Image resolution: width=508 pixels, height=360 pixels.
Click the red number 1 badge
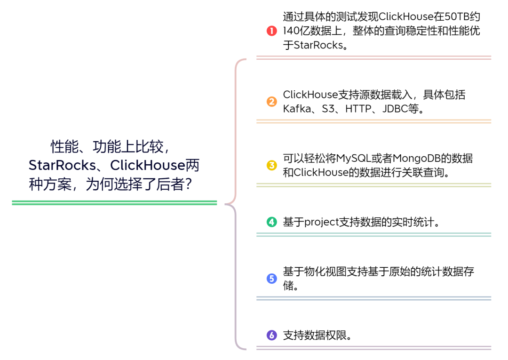[x=272, y=31]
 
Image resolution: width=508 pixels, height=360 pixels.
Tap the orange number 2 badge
[x=272, y=102]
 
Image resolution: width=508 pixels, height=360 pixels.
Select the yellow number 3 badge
[x=272, y=165]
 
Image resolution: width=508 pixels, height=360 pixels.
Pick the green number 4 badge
[x=272, y=222]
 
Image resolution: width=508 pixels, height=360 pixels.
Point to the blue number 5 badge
[x=272, y=279]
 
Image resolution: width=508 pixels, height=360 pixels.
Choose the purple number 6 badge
[x=272, y=336]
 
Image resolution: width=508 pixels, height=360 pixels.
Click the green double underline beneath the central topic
[x=114, y=203]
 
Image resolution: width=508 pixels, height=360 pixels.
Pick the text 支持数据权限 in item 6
[x=314, y=336]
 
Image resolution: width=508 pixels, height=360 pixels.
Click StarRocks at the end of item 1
[x=318, y=45]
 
